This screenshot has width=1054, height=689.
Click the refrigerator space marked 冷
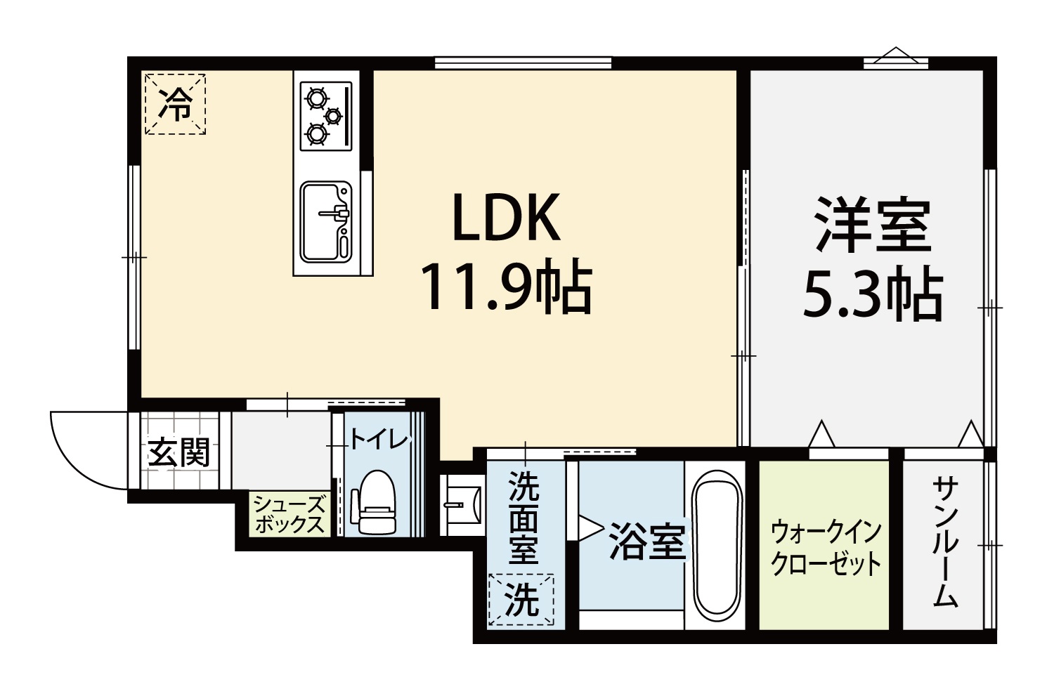click(x=175, y=104)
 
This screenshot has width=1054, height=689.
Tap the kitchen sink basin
click(x=326, y=222)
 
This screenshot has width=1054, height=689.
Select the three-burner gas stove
click(x=326, y=116)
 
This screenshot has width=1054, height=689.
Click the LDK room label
click(x=507, y=216)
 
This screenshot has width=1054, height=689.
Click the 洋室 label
click(x=874, y=225)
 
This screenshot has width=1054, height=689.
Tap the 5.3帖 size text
click(x=873, y=294)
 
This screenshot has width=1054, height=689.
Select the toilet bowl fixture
click(x=374, y=502)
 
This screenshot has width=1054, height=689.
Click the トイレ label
click(x=379, y=440)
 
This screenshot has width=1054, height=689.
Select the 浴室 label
click(x=647, y=543)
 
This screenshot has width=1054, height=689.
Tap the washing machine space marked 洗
click(x=521, y=600)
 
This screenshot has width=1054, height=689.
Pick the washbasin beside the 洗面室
click(x=461, y=505)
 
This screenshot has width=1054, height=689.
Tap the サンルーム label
click(x=944, y=542)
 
